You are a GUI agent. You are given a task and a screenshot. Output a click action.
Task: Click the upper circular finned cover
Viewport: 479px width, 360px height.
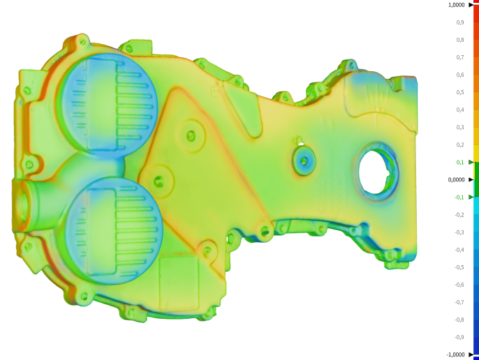click(x=108, y=102)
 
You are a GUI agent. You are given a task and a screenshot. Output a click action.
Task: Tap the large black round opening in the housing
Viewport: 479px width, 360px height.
click(x=378, y=171)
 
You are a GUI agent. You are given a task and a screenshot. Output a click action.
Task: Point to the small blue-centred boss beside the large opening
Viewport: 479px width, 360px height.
click(x=304, y=160)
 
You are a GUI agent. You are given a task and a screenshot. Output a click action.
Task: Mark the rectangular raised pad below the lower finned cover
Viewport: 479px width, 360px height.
click(x=180, y=282)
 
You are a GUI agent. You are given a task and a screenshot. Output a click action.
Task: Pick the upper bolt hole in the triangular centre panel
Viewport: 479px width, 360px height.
click(x=190, y=135)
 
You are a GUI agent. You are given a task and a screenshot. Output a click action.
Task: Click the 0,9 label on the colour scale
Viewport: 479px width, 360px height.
click(x=460, y=22)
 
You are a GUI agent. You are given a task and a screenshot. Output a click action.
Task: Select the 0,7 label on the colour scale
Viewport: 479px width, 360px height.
click(x=460, y=57)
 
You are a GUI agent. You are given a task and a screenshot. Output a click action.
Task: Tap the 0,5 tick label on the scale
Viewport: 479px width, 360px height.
click(x=460, y=92)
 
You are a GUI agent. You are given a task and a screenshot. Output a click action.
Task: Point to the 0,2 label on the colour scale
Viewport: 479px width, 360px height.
click(x=460, y=144)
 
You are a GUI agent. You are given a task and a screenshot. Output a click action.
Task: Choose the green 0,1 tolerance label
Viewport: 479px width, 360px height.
click(x=460, y=162)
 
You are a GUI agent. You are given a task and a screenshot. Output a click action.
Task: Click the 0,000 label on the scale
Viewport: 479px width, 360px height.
click(x=459, y=179)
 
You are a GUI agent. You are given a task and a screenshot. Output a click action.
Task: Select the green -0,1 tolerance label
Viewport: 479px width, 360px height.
click(x=459, y=197)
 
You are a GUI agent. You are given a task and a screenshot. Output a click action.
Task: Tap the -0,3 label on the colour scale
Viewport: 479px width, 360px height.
click(x=459, y=232)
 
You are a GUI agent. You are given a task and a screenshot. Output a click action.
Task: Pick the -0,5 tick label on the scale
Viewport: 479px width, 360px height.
click(x=459, y=267)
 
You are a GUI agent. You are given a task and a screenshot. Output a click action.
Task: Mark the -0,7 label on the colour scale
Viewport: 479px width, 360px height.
click(x=459, y=302)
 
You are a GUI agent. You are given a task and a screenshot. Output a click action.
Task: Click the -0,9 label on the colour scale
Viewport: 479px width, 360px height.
click(x=459, y=337)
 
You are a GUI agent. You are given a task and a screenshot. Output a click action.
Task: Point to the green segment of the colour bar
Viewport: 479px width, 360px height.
click(x=476, y=179)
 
